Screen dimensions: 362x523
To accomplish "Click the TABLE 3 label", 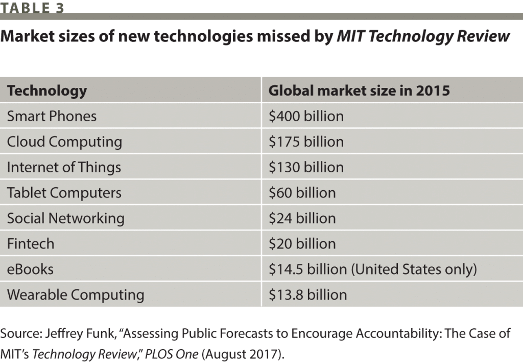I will point(32,7).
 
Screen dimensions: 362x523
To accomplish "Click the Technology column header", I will point(47,91).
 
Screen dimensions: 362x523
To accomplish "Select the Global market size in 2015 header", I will point(359,91).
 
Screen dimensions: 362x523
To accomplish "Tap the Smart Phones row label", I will point(52,116).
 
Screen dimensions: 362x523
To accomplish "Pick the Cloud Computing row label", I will point(64,142).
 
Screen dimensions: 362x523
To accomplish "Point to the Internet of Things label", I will point(64,167).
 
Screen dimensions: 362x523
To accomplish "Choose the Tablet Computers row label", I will point(64,193).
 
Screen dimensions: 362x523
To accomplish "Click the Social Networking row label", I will point(66,218).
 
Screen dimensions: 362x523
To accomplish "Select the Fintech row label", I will point(31,244).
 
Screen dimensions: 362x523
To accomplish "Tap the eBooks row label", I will point(30,269).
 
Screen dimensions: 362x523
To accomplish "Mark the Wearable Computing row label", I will point(76,295).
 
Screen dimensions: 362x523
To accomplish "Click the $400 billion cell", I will point(306,116).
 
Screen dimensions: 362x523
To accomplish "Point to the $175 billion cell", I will point(306,142).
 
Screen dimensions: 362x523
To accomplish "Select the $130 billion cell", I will point(306,167).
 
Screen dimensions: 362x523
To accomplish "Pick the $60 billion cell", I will point(302,193).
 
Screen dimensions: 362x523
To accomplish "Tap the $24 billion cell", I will point(302,218).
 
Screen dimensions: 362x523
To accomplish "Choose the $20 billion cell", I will point(302,244).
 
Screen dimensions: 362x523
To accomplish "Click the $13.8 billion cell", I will point(307,295).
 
